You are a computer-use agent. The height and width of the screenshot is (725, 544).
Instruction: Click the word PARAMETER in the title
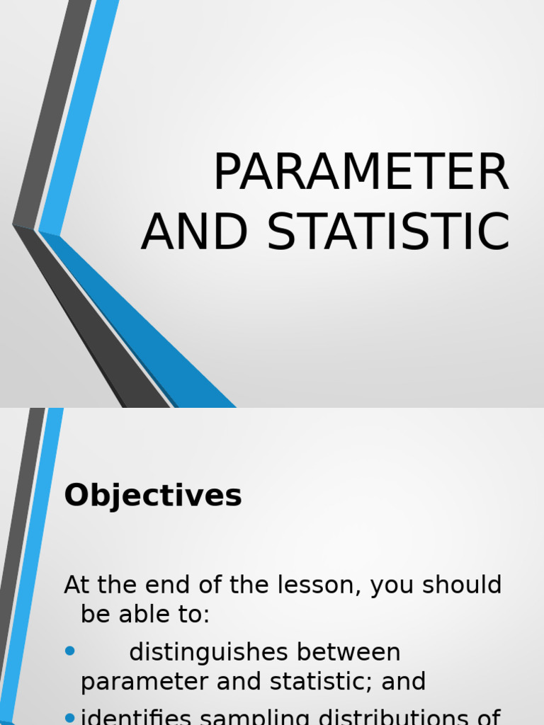click(x=361, y=173)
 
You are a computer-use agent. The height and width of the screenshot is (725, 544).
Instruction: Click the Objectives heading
click(x=153, y=496)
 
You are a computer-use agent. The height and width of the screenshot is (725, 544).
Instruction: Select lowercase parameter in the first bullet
click(x=144, y=683)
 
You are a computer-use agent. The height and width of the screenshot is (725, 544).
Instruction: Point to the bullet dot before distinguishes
click(x=69, y=651)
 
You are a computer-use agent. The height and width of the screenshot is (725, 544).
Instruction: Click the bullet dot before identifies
click(x=69, y=718)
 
